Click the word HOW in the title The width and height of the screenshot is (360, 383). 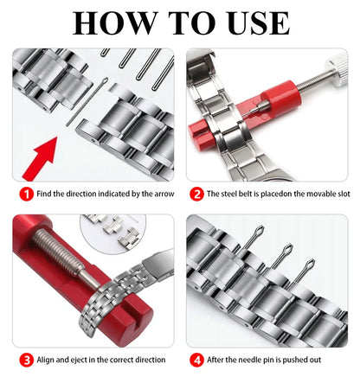[110, 22]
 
